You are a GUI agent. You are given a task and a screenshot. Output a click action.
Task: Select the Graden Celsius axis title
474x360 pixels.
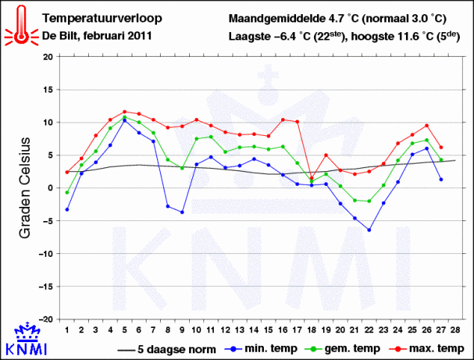[25, 187]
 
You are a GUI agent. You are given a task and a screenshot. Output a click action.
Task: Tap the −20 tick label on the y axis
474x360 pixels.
[46, 319]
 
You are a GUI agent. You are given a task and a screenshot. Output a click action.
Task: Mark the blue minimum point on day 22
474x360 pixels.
[369, 230]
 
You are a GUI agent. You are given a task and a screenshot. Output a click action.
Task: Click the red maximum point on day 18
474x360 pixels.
[311, 179]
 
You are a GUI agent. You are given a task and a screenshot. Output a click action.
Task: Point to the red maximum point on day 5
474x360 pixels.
[125, 112]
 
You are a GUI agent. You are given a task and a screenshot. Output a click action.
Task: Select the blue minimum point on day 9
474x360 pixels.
[182, 212]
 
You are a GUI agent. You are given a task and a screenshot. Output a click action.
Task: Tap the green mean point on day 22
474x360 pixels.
[369, 201]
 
